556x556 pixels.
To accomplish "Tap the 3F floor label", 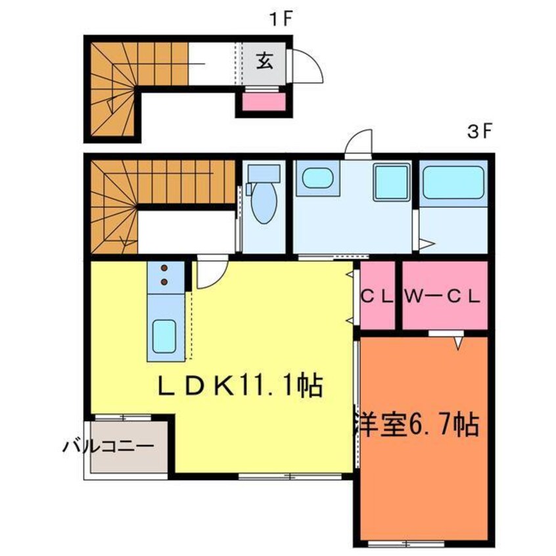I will click(480, 131).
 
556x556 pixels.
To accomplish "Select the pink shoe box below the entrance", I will click(261, 103).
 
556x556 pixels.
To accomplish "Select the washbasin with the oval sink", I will click(318, 179).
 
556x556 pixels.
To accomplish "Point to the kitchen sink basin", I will click(164, 336).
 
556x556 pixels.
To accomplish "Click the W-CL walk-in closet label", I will click(443, 296).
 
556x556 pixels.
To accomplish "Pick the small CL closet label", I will click(377, 296).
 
